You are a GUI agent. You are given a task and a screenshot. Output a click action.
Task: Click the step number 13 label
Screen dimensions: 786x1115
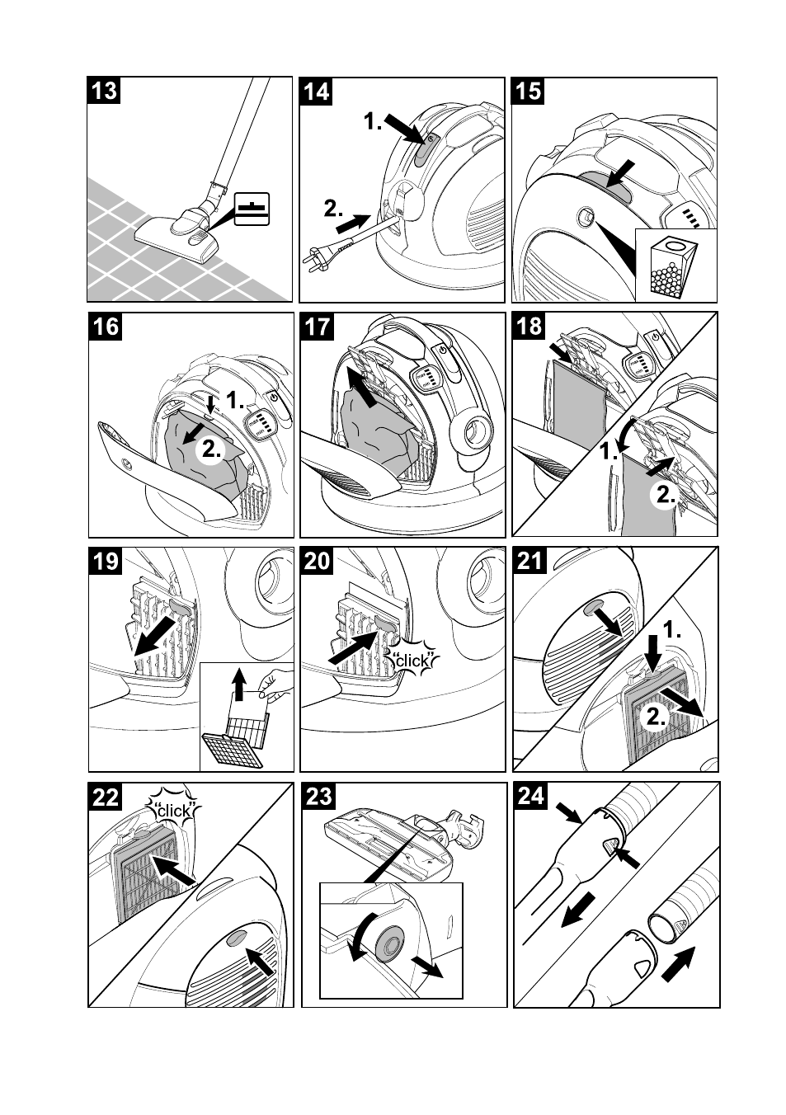tap(104, 91)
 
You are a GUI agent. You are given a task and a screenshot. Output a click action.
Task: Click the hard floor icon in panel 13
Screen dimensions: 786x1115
tap(252, 209)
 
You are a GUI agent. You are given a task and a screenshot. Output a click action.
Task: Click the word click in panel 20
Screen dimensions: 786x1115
tap(412, 661)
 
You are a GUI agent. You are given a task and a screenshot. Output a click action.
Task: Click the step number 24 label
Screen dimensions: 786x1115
tap(530, 796)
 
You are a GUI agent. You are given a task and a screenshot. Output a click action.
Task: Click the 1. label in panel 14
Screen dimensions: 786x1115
tap(373, 121)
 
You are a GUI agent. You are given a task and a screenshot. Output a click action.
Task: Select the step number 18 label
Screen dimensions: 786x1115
tap(529, 327)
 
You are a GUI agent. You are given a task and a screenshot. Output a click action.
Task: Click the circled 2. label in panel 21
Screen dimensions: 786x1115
tap(656, 717)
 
